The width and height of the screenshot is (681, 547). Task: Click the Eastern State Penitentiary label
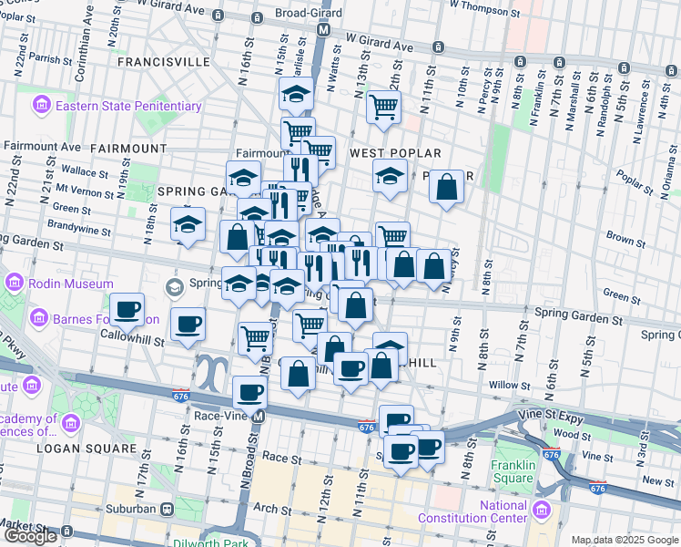[x=127, y=106]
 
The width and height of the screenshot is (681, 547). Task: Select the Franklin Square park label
[x=513, y=470]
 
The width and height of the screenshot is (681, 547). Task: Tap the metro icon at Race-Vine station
[x=258, y=417]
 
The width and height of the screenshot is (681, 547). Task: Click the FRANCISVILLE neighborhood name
[x=164, y=62]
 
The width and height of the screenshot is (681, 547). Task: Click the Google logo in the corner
[x=30, y=536]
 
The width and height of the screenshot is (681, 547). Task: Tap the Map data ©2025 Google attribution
[x=625, y=540]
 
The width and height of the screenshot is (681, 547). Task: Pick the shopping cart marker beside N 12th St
[x=383, y=107]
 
